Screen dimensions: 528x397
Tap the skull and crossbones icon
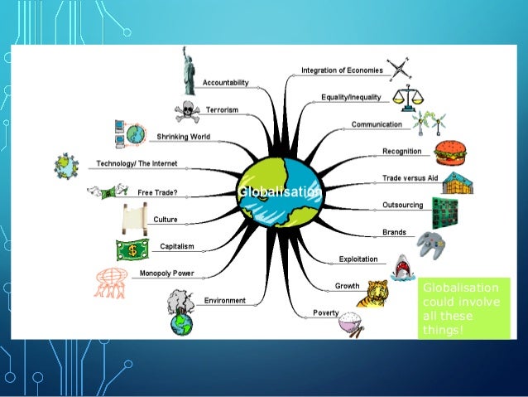(187, 110)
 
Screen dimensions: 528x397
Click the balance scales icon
(405, 95)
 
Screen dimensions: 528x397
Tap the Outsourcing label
(403, 205)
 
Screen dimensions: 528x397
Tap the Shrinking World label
(183, 137)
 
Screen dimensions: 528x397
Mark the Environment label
(224, 299)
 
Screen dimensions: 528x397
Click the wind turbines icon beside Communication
(429, 123)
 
